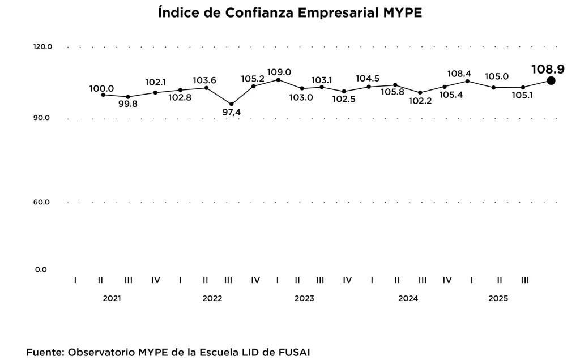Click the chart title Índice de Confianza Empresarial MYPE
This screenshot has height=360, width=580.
290,13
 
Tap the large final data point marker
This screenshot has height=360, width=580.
551,81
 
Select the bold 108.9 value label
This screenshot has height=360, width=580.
548,69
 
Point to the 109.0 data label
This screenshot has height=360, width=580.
279,72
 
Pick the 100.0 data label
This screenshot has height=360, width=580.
101,88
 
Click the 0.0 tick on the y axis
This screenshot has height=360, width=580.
41,269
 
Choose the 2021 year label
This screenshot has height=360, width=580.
112,298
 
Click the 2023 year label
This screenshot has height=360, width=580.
304,298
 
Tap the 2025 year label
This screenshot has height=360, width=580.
498,298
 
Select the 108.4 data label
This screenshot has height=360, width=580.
459,74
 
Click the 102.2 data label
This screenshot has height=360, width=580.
420,102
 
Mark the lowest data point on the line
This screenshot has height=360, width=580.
231,104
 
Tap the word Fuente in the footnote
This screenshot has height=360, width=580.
44,352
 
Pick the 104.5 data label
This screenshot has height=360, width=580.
368,78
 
